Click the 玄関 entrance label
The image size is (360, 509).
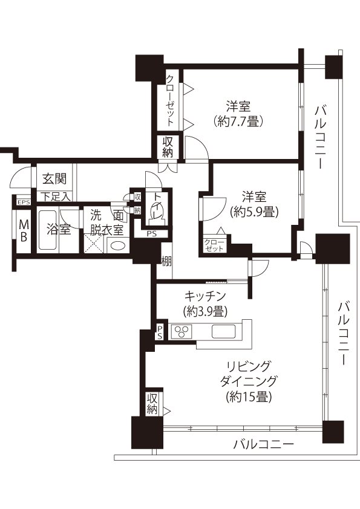click(54, 178)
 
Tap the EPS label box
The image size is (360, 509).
click(24, 203)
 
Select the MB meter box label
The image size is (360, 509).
click(24, 230)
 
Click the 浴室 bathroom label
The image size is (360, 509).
click(59, 229)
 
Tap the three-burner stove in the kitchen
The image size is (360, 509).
click(182, 331)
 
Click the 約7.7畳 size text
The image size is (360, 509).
click(238, 122)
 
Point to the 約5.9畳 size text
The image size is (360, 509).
click(254, 212)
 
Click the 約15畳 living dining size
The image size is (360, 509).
click(249, 397)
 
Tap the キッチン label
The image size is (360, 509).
click(205, 296)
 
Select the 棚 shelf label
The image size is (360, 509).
click(166, 262)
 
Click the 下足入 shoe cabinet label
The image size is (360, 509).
click(55, 196)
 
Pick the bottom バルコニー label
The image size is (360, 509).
click(264, 444)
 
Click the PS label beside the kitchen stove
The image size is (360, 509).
click(160, 332)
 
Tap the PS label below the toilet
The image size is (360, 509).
click(151, 233)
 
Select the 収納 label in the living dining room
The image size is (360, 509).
click(152, 403)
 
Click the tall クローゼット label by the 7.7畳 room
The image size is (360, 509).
click(170, 100)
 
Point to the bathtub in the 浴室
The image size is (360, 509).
click(48, 230)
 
